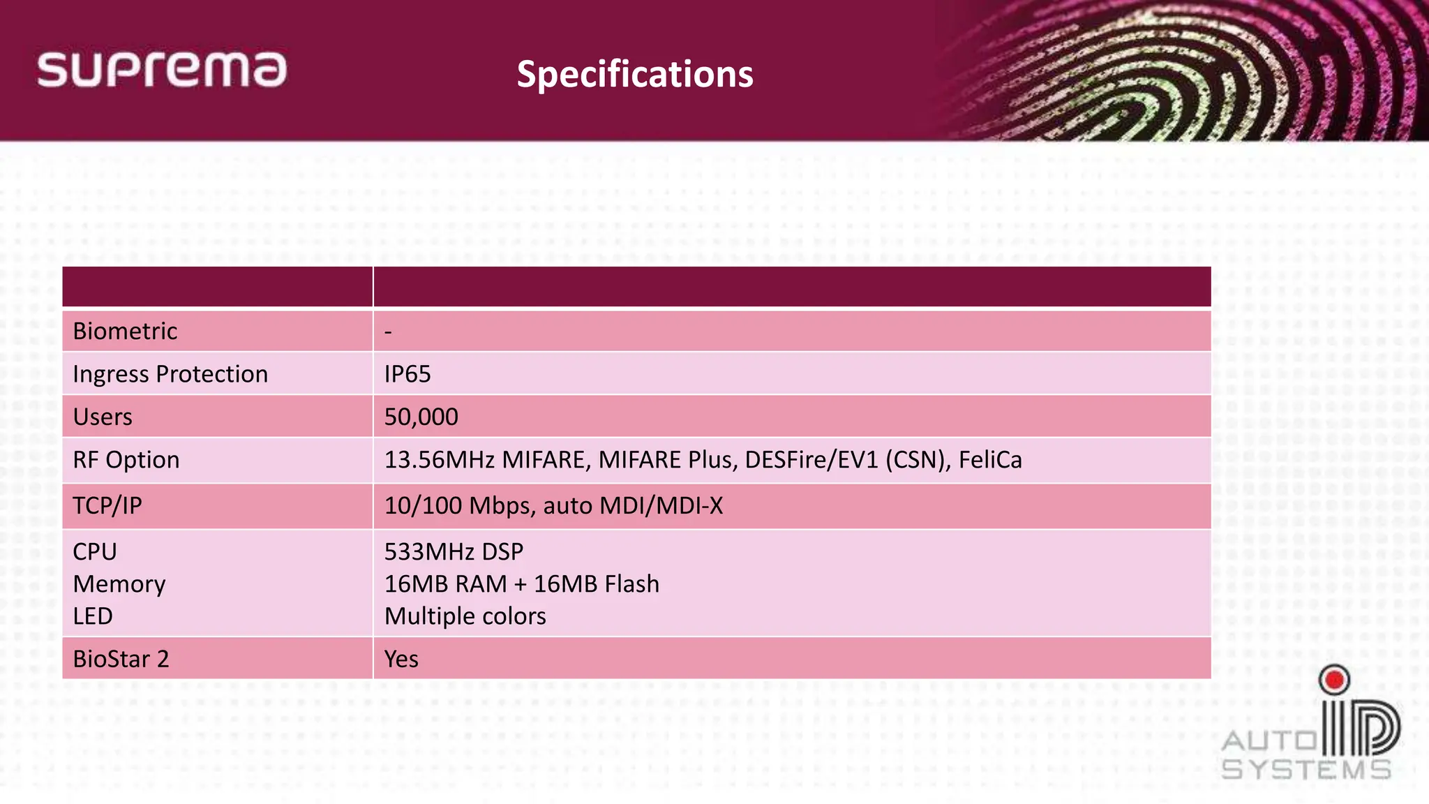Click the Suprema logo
(x=162, y=70)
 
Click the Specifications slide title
(x=635, y=74)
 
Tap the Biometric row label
(x=125, y=331)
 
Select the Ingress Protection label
(x=170, y=374)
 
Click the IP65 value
(x=407, y=374)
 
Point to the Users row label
(x=103, y=417)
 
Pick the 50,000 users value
(x=421, y=417)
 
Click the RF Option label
(x=126, y=460)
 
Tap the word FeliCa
(x=990, y=460)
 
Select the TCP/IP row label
(x=107, y=505)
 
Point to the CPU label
(x=95, y=551)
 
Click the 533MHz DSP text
(x=454, y=551)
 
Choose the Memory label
(x=119, y=584)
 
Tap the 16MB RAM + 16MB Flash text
(x=522, y=584)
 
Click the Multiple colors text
(x=465, y=616)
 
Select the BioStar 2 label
(x=121, y=659)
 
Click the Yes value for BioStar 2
(x=401, y=659)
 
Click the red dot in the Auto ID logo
(x=1335, y=679)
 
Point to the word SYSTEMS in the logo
(x=1306, y=770)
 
